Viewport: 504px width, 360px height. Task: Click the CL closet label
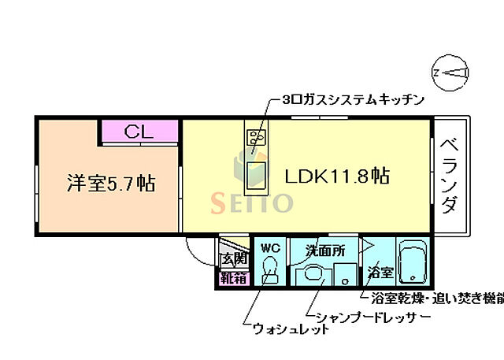coord(139,132)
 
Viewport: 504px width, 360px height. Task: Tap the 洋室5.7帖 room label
coord(109,184)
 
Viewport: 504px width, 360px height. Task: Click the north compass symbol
coord(450,73)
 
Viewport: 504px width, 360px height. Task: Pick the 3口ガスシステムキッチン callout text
coord(353,100)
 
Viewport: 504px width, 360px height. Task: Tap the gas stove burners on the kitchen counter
coord(257,139)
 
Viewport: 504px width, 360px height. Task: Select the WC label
coord(270,248)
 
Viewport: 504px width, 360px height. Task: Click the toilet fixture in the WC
coord(270,271)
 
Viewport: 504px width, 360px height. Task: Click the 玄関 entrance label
coord(233,258)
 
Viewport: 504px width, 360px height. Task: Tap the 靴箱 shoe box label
coord(233,277)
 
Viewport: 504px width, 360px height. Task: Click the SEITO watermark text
coord(251,202)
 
